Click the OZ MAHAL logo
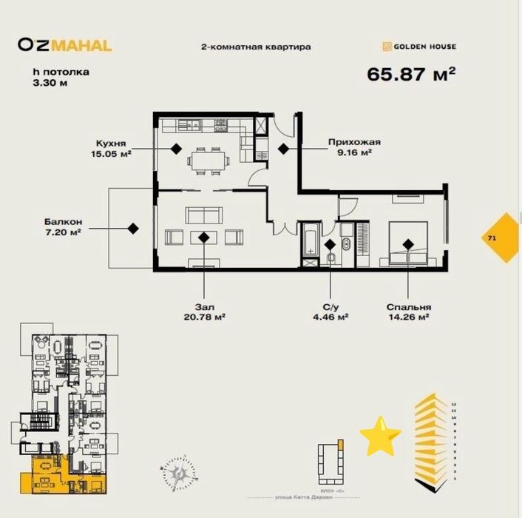[65, 45]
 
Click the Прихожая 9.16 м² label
[350, 149]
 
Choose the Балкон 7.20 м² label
[61, 226]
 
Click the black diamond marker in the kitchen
[176, 148]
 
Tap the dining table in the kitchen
[206, 158]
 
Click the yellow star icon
[380, 437]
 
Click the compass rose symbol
[178, 470]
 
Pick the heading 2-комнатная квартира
[256, 47]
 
